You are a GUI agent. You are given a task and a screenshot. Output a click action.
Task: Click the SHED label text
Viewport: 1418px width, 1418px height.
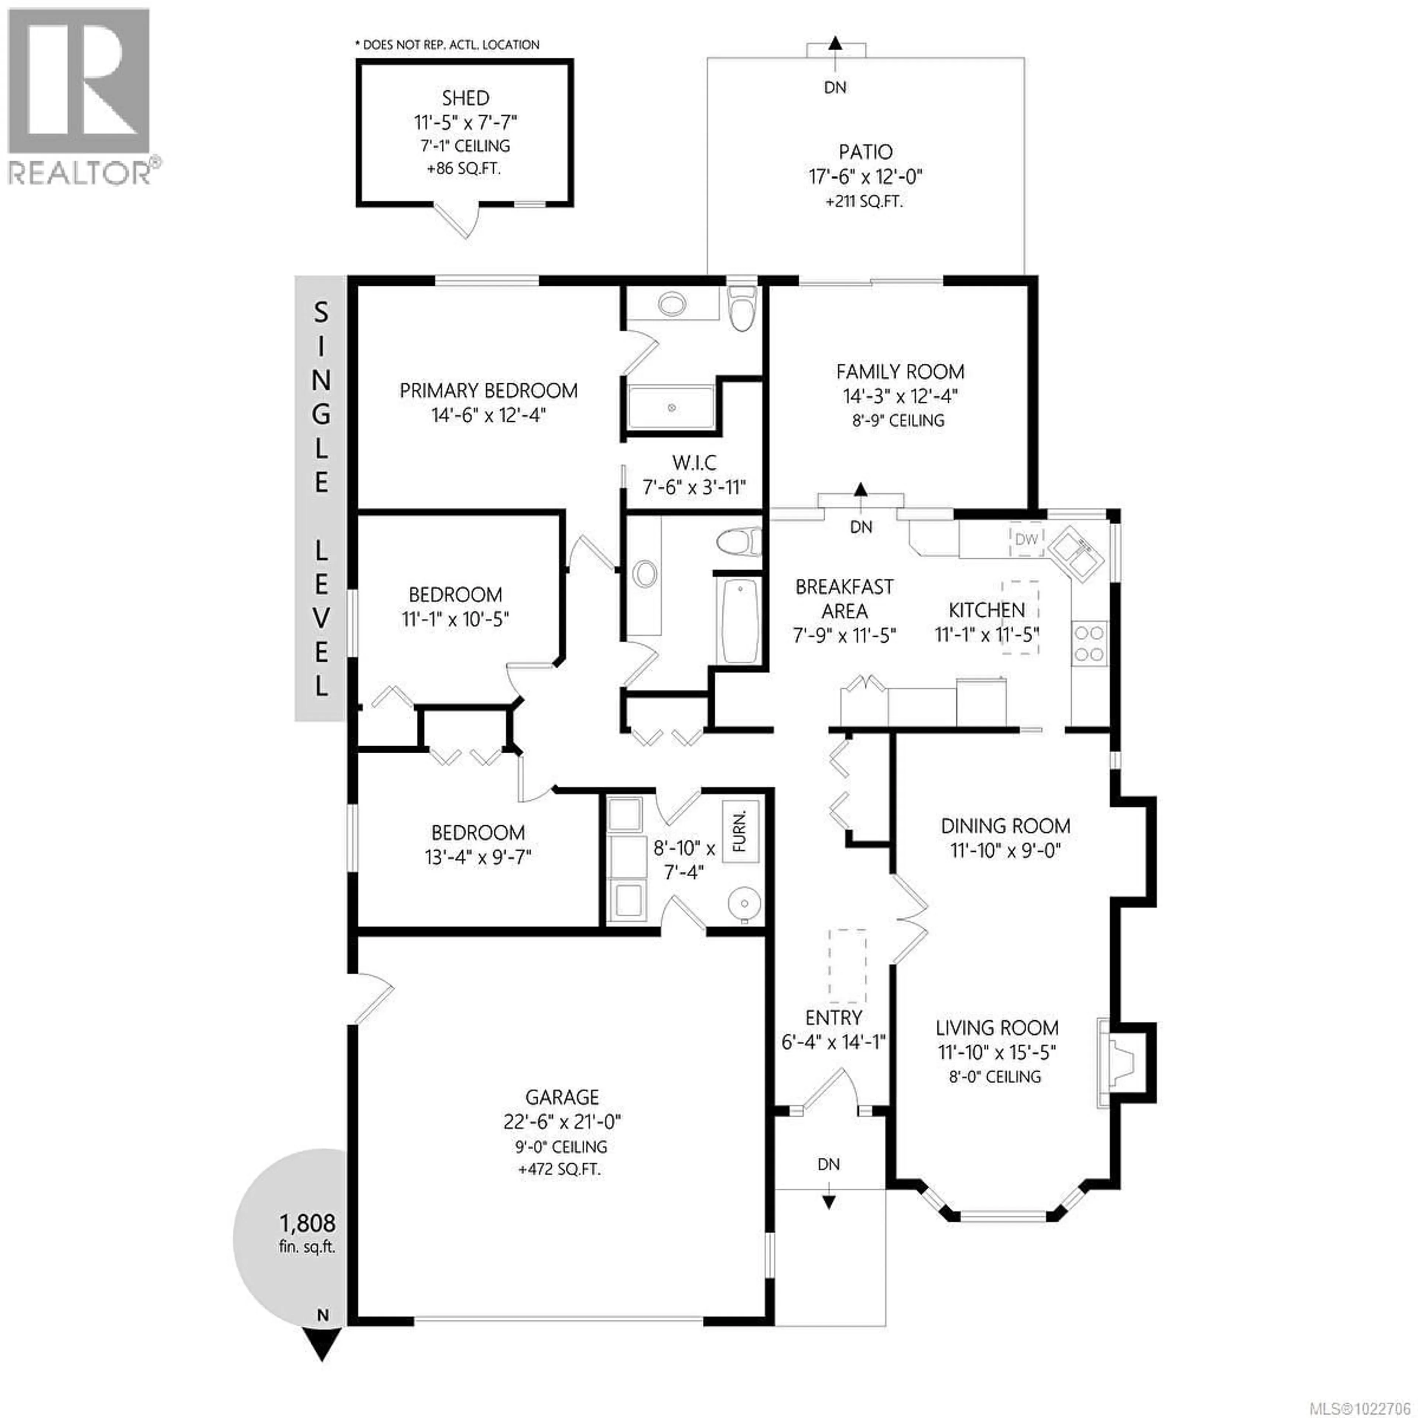(465, 97)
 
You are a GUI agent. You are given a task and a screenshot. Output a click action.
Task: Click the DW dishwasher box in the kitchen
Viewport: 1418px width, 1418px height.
(1026, 540)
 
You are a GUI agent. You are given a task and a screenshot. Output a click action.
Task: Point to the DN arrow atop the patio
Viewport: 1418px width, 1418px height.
(835, 43)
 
